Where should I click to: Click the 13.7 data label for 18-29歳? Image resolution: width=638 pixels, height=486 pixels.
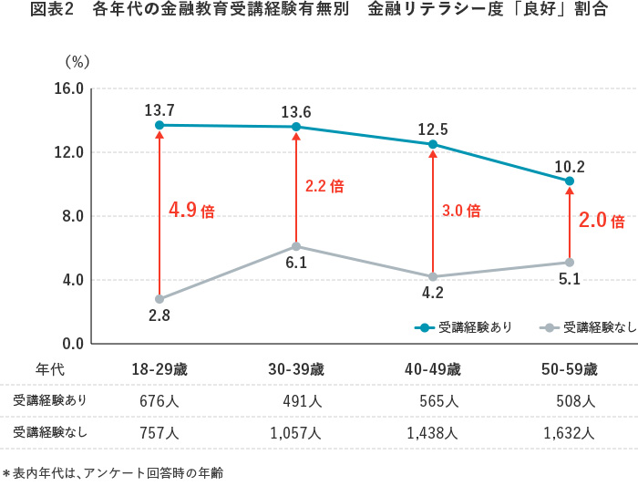point(159,109)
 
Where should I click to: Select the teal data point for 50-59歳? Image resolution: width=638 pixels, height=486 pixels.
point(570,181)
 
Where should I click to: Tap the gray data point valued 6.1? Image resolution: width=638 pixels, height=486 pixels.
point(296,246)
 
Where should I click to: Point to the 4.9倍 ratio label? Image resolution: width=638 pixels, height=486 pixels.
point(191,211)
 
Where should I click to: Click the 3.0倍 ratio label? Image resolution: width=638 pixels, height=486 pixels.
point(460,211)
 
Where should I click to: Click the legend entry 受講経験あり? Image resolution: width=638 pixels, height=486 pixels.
point(464,326)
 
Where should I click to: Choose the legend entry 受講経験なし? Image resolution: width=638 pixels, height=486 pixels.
point(589,326)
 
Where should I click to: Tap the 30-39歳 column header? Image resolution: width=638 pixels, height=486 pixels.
point(296,369)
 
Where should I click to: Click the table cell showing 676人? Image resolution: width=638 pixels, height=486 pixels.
point(159,401)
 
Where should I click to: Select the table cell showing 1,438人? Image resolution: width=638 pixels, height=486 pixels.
point(433,433)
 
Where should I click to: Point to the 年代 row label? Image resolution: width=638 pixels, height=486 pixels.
point(50,369)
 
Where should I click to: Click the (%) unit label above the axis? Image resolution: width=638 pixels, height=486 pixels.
point(77,62)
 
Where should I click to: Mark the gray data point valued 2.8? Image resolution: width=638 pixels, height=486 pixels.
point(159,299)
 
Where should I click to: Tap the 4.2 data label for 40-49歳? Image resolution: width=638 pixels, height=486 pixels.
point(433,294)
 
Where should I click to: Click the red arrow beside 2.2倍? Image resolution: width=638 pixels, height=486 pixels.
point(296,187)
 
